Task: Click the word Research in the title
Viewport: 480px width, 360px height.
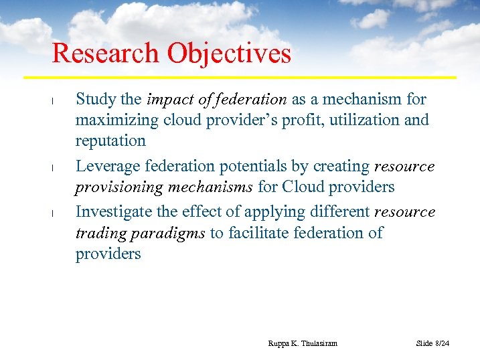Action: pyautogui.click(x=106, y=54)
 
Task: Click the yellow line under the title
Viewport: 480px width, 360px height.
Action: pyautogui.click(x=254, y=77)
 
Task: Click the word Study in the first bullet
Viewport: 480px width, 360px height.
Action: pyautogui.click(x=96, y=100)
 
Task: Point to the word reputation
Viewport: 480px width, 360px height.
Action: pyautogui.click(x=110, y=141)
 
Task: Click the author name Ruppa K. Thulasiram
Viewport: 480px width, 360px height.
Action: pyautogui.click(x=303, y=343)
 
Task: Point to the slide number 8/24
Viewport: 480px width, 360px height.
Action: pyautogui.click(x=442, y=343)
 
